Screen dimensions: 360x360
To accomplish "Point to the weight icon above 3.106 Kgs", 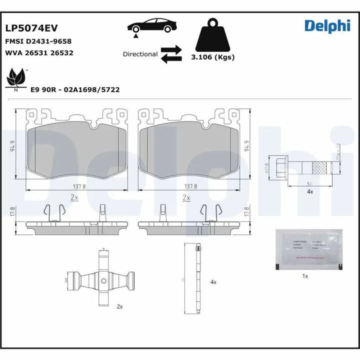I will click(x=212, y=35).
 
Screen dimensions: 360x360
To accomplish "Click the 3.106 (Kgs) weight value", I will click(x=212, y=57).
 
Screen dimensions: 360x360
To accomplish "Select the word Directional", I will click(x=140, y=54).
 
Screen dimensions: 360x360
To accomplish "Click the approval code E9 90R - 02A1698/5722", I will click(x=75, y=89).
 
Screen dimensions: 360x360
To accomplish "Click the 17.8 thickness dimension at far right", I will click(x=246, y=212).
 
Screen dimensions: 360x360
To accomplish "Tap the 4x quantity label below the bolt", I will click(x=309, y=191).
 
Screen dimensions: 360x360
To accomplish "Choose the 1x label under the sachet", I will click(x=305, y=276).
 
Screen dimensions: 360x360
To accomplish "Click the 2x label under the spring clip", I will click(x=119, y=305).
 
